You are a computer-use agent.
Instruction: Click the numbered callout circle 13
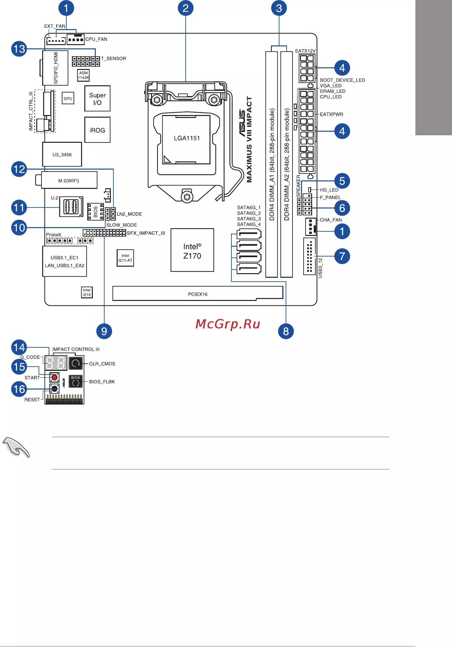19,49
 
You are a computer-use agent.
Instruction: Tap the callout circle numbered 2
186,8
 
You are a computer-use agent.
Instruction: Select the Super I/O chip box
97,99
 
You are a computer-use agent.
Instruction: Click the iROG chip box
97,130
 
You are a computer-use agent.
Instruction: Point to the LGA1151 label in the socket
187,138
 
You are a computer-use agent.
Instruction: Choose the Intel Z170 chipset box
192,250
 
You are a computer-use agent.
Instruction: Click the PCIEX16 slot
198,293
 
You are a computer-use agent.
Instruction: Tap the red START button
54,378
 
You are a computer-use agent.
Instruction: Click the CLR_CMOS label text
102,364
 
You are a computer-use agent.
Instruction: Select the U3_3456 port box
62,155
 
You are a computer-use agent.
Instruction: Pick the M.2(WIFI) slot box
69,180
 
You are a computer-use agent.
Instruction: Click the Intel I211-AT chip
126,258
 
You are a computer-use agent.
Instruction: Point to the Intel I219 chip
87,292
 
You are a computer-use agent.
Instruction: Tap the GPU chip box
68,98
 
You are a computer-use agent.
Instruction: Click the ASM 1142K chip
83,75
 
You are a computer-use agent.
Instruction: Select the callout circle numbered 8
286,331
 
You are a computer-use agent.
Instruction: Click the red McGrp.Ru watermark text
228,324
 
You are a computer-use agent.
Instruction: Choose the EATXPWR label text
331,114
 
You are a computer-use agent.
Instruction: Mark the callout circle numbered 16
19,389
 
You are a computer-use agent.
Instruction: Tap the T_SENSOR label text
113,58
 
